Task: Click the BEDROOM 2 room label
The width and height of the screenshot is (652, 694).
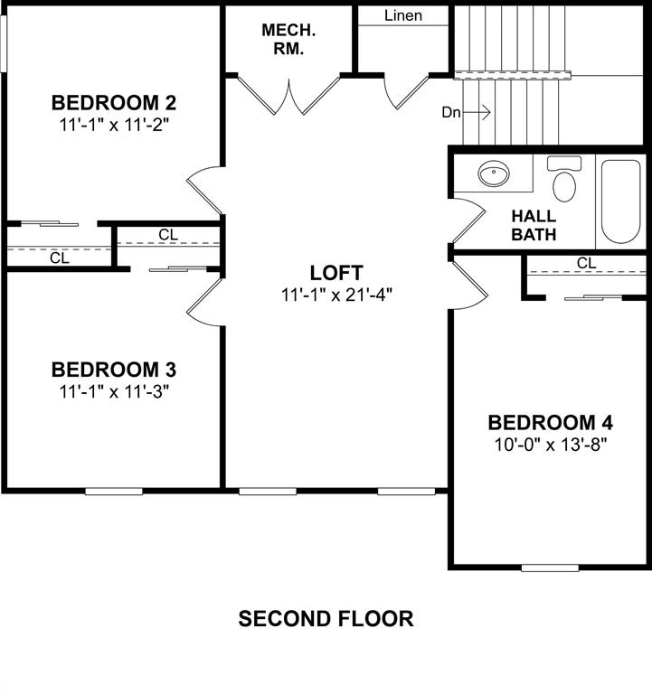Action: tap(113, 101)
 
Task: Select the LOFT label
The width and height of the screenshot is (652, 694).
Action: tap(335, 272)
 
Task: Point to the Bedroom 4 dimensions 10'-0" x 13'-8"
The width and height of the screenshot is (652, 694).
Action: tap(550, 444)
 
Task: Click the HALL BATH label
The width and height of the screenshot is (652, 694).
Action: tap(534, 225)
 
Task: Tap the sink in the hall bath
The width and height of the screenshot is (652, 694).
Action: tap(494, 173)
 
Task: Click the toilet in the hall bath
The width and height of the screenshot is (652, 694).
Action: tap(564, 183)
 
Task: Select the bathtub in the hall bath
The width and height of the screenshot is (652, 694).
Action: tap(621, 202)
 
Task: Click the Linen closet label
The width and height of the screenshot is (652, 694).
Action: tap(402, 15)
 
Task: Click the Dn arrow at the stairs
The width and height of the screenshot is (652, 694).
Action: tap(467, 113)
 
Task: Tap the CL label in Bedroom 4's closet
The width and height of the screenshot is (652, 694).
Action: tap(586, 263)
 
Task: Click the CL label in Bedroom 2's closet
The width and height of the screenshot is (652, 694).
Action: tap(59, 258)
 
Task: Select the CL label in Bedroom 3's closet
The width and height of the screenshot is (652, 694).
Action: tap(168, 235)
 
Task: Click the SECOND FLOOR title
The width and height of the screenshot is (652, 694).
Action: tap(326, 619)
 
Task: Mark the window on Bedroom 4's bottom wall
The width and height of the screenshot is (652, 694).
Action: tap(550, 567)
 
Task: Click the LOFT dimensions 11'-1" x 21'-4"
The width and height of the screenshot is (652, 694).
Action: tap(335, 294)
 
